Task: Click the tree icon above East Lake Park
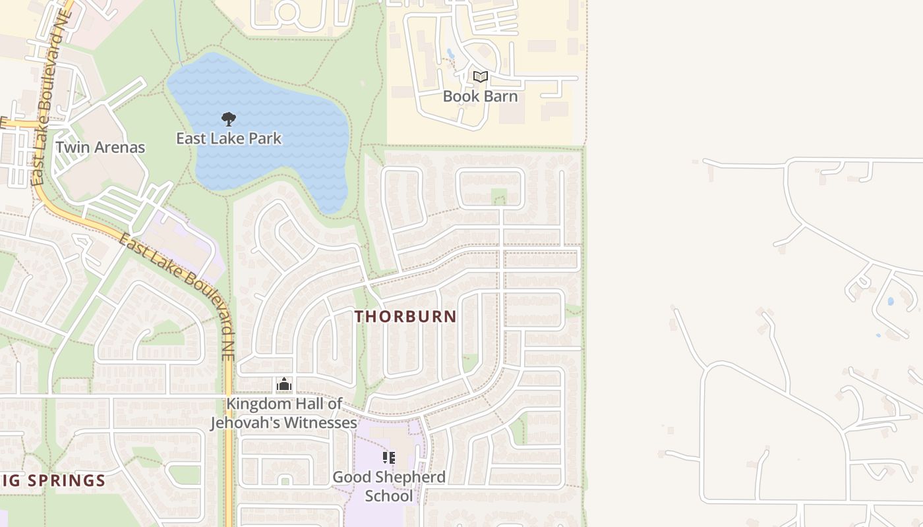coord(229,119)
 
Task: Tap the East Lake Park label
coord(229,138)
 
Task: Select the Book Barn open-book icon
coord(481,77)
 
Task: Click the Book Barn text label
coord(480,96)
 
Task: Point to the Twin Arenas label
coord(100,147)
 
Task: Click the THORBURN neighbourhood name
coord(405,316)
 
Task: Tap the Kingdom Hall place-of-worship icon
coord(284,384)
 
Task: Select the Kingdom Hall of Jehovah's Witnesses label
coord(283,413)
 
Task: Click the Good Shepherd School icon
coord(389,457)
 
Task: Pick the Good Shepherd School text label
coord(389,486)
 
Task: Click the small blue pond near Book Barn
coord(450,53)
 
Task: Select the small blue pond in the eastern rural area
coord(891,301)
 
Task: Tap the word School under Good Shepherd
coord(389,495)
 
